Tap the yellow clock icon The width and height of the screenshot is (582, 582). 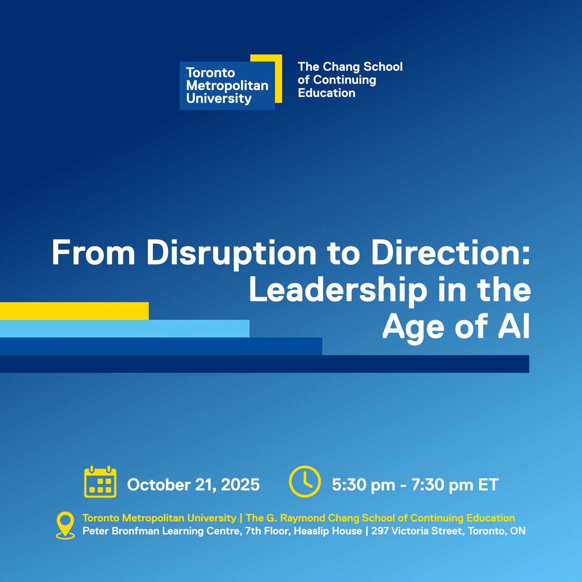click(x=305, y=482)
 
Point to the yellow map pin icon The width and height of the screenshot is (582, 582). click(x=65, y=525)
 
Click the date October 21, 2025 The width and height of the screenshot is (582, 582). click(x=193, y=485)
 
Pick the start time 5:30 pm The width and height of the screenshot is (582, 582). click(x=363, y=485)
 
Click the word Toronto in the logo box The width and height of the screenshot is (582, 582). click(x=210, y=73)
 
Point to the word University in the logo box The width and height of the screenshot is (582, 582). click(x=219, y=99)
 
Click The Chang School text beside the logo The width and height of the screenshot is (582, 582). click(x=350, y=67)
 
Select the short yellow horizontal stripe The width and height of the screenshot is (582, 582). click(x=74, y=311)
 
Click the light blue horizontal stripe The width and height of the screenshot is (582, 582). click(x=125, y=329)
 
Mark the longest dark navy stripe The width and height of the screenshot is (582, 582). click(x=264, y=364)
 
